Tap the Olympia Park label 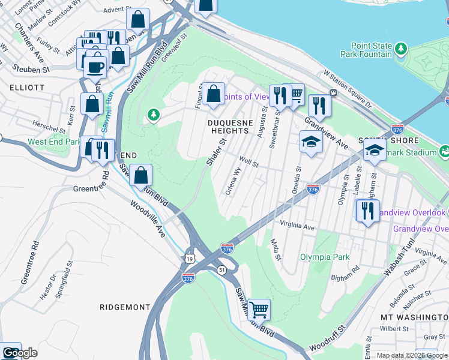[325, 257]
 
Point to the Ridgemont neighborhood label [125, 307]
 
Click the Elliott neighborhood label [27, 87]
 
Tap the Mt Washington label [414, 316]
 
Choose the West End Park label [54, 142]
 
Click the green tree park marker [154, 113]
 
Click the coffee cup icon [95, 67]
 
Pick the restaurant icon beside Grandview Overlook [366, 211]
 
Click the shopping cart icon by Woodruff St [259, 310]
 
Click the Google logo [20, 353]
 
